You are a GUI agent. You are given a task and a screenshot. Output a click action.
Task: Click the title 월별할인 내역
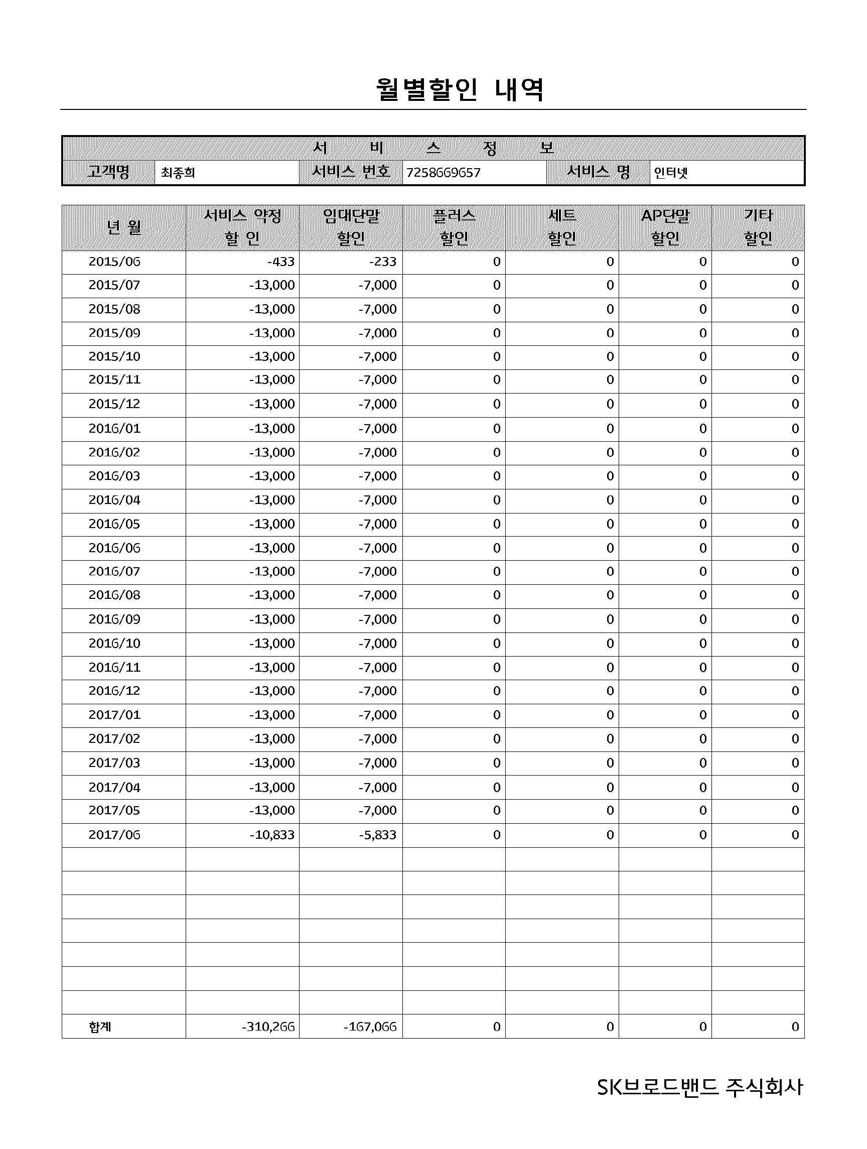(x=460, y=90)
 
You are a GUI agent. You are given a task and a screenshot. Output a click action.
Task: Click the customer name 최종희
(x=178, y=173)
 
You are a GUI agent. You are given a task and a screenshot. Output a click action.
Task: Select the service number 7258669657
(x=443, y=173)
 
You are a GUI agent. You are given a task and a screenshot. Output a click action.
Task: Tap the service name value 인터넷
(x=670, y=173)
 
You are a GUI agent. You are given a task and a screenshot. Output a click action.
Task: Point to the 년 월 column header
(x=123, y=227)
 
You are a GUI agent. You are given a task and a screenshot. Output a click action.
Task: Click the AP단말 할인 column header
(x=665, y=227)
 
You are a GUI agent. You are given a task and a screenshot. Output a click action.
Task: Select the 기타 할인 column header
(x=758, y=227)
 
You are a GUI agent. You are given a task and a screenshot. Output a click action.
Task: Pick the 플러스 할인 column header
(x=454, y=227)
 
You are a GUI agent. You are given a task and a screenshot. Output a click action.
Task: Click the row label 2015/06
(x=114, y=262)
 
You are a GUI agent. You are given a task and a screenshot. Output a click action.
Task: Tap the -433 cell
(x=281, y=262)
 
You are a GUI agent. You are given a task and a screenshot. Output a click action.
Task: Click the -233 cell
(x=383, y=262)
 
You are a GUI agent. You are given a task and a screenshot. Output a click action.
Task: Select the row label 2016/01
(x=114, y=429)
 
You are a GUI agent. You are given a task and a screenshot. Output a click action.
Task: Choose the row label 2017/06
(x=114, y=835)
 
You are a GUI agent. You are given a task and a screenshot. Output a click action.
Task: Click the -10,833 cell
(x=271, y=835)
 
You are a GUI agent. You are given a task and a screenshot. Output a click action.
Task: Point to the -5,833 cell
(x=377, y=835)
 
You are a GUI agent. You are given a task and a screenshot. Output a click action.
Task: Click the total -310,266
(x=268, y=1027)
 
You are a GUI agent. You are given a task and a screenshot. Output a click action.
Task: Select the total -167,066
(x=370, y=1027)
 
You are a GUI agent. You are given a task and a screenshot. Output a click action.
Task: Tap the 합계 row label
(x=100, y=1027)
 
